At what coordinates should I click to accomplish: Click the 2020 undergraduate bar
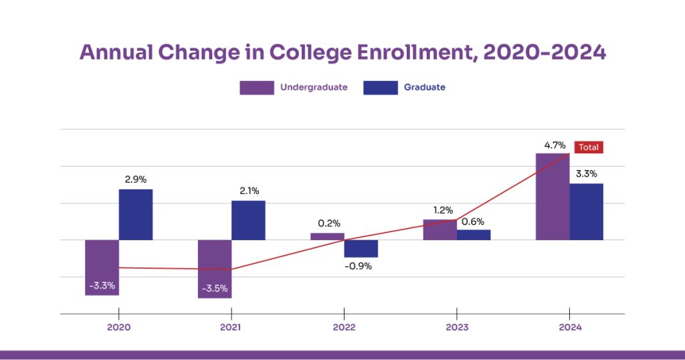tap(102, 261)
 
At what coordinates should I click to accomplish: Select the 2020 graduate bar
tap(136, 214)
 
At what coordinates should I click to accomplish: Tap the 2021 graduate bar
tap(248, 220)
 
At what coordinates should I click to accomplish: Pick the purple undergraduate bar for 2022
tap(327, 236)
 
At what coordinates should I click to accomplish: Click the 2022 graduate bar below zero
tap(361, 248)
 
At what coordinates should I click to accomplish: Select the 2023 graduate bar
tap(474, 235)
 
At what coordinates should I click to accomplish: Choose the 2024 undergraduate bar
tap(553, 196)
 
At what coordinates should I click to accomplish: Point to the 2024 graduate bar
tap(587, 211)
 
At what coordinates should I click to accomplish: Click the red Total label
tap(589, 147)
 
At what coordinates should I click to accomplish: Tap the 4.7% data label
tap(555, 145)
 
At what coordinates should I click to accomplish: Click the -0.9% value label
tap(361, 266)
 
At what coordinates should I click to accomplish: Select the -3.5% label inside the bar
tap(215, 288)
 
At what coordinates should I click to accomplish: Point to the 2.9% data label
tap(135, 179)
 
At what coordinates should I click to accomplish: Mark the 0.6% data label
tap(473, 221)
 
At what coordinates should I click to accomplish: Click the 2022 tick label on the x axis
tap(344, 328)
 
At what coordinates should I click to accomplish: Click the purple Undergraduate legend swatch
tap(257, 88)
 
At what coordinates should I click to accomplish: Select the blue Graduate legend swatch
tap(380, 88)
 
